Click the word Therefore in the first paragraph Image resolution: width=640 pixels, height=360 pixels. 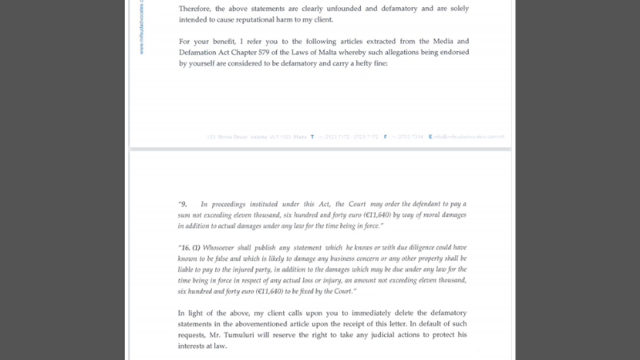click(194, 8)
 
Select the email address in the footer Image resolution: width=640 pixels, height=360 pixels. click(469, 137)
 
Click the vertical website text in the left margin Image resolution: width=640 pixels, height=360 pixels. click(142, 28)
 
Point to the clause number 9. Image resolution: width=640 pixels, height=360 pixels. click(182, 205)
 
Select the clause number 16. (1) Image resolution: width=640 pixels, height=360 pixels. click(190, 247)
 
